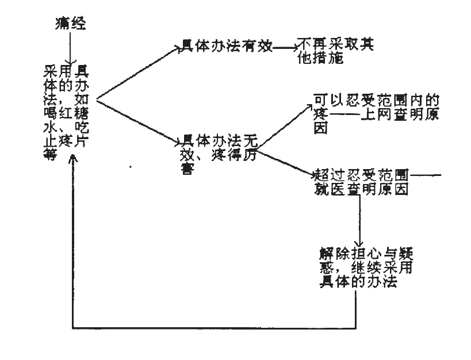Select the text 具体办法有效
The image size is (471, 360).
225,48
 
